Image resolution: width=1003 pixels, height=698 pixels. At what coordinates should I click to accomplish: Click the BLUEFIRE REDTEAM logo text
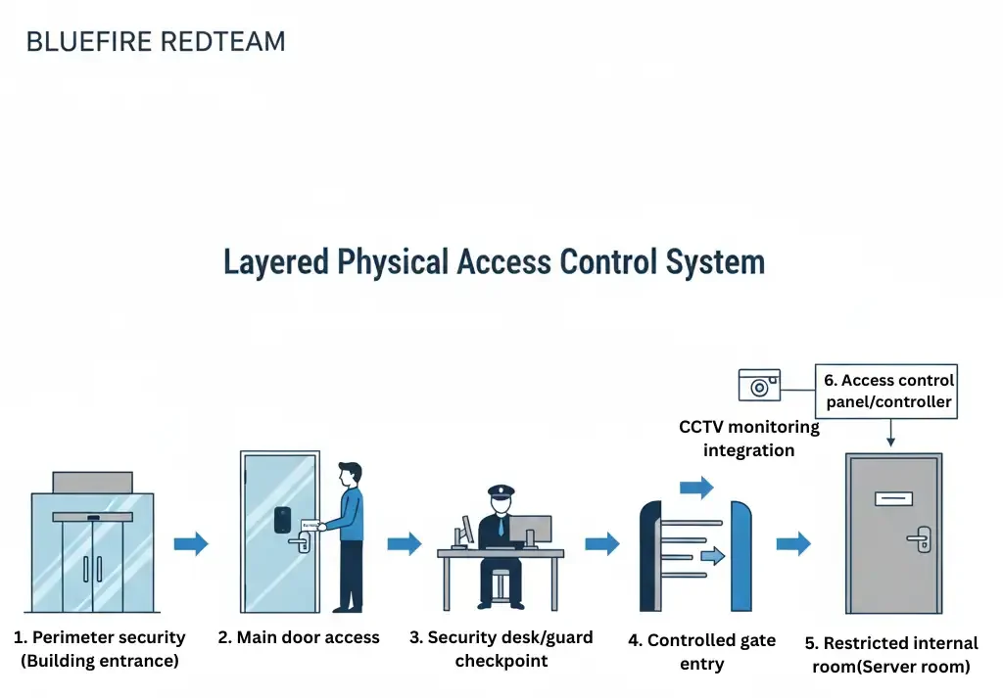[x=156, y=42]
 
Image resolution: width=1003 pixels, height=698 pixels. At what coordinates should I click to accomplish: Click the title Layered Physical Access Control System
[x=494, y=262]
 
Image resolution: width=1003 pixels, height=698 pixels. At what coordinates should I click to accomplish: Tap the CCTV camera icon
[x=759, y=386]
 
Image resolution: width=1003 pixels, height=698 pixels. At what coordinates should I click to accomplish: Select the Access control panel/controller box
[x=887, y=392]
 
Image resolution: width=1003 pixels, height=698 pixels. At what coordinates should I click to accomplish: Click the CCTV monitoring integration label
[x=748, y=439]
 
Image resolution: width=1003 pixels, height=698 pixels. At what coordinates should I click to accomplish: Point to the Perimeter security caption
[x=100, y=649]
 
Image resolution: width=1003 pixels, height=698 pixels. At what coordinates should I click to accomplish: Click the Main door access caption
[x=299, y=637]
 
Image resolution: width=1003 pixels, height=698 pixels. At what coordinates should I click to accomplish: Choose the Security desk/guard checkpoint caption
[x=501, y=649]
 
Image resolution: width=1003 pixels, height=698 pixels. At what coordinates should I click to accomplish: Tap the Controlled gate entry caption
[x=701, y=652]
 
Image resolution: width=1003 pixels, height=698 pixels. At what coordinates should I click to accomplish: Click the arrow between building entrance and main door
[x=191, y=543]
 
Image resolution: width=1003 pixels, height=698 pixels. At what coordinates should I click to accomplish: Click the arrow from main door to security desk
[x=404, y=543]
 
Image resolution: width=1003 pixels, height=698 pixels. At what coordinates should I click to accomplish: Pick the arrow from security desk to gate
[x=602, y=543]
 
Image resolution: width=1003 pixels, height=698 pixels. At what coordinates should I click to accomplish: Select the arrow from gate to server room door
[x=793, y=543]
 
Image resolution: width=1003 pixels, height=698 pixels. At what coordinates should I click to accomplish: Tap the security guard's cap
[x=501, y=489]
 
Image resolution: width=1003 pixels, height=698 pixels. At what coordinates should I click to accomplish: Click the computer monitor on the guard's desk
[x=530, y=530]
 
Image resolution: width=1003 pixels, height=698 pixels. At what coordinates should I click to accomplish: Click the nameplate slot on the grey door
[x=892, y=499]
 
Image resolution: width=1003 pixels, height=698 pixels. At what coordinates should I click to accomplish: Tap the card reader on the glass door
[x=282, y=518]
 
